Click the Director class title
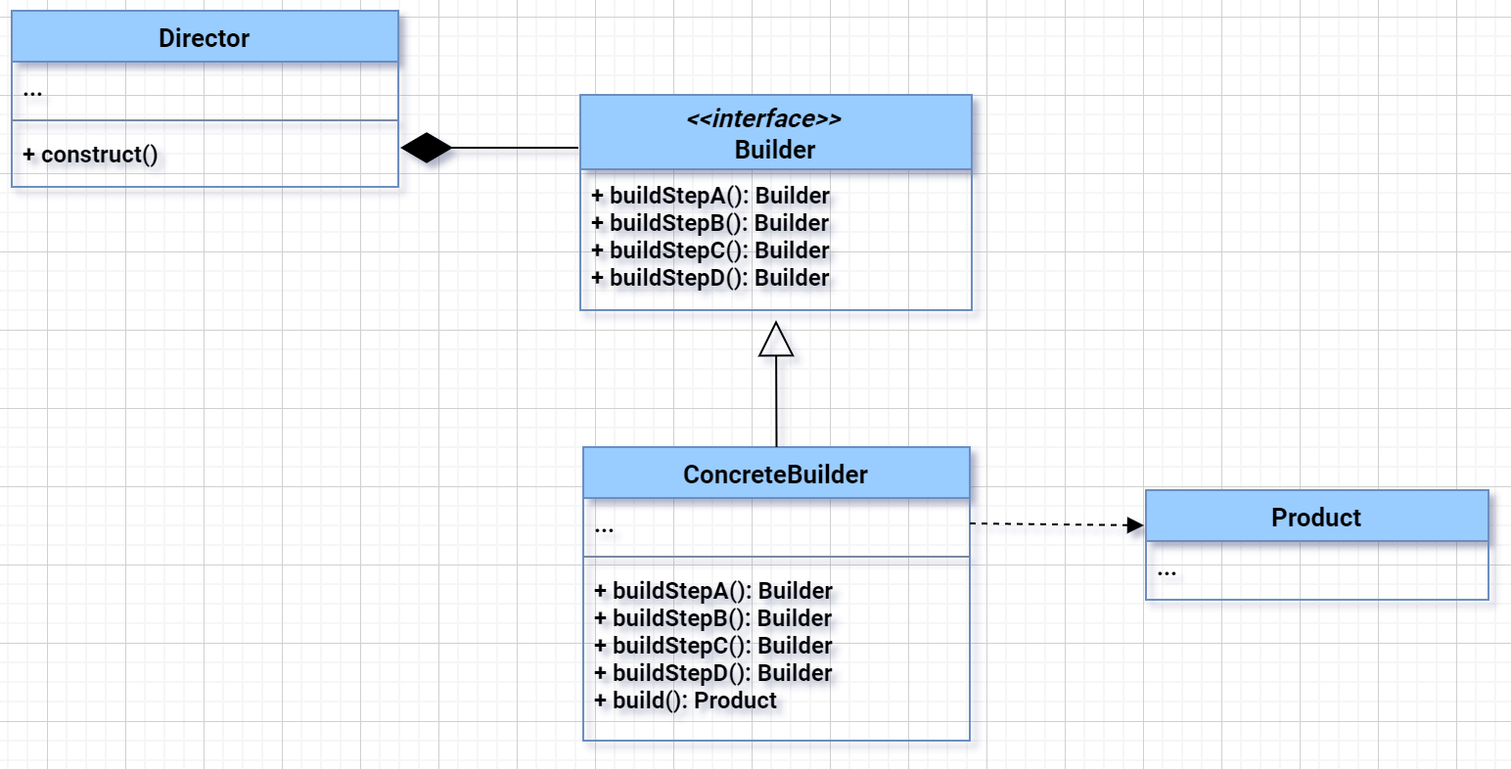pyautogui.click(x=204, y=38)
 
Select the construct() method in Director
pyautogui.click(x=90, y=155)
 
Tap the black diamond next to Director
pyautogui.click(x=427, y=148)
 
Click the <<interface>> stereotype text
pyautogui.click(x=763, y=119)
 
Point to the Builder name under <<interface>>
pyautogui.click(x=774, y=150)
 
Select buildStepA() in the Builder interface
pyautogui.click(x=710, y=196)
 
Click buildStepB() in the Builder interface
pyautogui.click(x=710, y=223)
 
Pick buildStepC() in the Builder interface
pyautogui.click(x=710, y=250)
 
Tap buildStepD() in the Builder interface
pyautogui.click(x=710, y=278)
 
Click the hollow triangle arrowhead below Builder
pyautogui.click(x=776, y=339)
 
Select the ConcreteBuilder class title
pyautogui.click(x=775, y=475)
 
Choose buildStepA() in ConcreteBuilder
pyautogui.click(x=713, y=591)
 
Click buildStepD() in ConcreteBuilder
pyautogui.click(x=713, y=673)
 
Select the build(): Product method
pyautogui.click(x=685, y=701)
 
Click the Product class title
pyautogui.click(x=1315, y=518)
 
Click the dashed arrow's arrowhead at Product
pyautogui.click(x=1135, y=525)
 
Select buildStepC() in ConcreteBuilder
pyautogui.click(x=713, y=646)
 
